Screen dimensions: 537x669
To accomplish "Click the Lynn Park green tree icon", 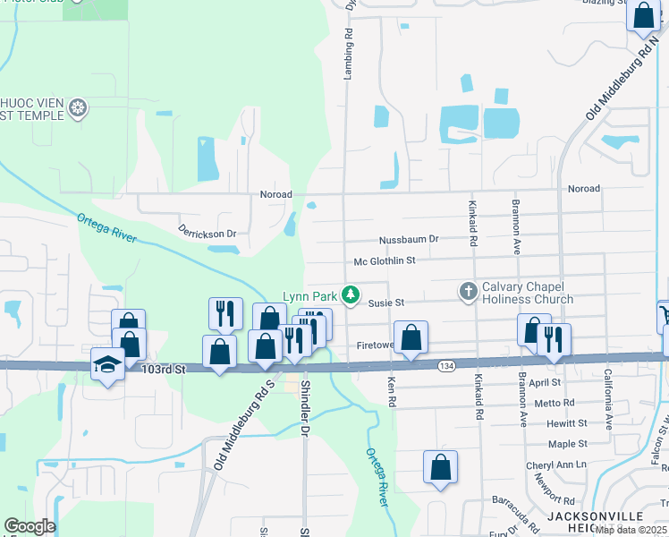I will [x=352, y=294].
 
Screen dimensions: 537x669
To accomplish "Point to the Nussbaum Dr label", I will [x=409, y=239].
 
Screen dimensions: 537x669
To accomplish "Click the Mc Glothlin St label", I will [x=385, y=260].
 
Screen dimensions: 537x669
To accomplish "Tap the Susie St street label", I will [x=387, y=303].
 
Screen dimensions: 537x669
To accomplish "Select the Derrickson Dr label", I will [x=207, y=234].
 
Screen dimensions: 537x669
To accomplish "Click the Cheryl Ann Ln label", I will [x=555, y=465].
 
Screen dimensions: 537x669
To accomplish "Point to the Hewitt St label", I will [x=568, y=422].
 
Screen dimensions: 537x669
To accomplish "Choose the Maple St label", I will [x=568, y=444].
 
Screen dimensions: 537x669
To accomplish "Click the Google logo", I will [x=30, y=526].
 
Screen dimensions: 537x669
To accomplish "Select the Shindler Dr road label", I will [x=304, y=407].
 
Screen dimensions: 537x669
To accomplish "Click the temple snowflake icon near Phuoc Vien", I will [x=79, y=108].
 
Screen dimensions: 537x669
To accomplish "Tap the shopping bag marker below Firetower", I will [x=411, y=339].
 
